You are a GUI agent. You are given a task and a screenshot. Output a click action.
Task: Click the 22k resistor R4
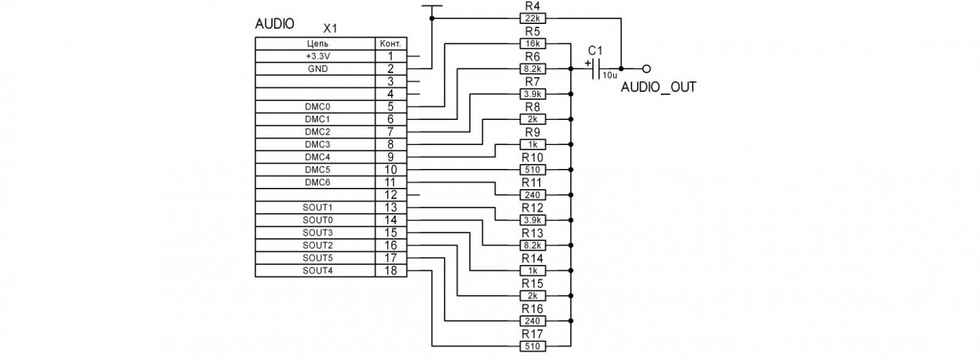point(533,18)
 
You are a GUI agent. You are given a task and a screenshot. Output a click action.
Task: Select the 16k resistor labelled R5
point(533,43)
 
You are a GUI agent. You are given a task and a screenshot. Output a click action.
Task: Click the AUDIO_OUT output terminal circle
point(646,68)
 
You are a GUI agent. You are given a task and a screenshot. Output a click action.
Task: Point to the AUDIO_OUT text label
point(658,87)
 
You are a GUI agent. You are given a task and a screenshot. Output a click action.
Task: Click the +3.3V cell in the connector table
point(318,57)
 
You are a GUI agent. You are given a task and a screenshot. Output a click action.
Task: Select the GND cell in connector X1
point(318,69)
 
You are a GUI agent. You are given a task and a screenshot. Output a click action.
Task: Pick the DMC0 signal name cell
point(318,107)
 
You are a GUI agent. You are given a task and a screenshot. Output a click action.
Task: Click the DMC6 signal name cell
point(318,182)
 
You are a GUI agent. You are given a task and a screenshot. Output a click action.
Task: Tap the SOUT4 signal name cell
point(318,271)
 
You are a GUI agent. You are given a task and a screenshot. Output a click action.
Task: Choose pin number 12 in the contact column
point(391,195)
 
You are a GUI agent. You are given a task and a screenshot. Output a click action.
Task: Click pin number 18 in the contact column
point(391,271)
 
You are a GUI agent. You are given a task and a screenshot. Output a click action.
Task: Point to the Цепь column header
point(318,44)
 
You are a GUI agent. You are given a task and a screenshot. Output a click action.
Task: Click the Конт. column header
point(391,44)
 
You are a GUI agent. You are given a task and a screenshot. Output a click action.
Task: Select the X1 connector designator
point(330,29)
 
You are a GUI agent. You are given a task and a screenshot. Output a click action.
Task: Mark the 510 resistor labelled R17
point(533,346)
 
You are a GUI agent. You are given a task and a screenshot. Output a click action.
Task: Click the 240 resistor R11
point(533,195)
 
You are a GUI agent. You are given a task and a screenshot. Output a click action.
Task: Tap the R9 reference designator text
point(533,132)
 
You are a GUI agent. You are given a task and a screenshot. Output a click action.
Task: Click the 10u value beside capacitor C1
point(610,75)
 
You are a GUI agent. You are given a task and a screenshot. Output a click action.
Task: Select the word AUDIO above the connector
point(275,24)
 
